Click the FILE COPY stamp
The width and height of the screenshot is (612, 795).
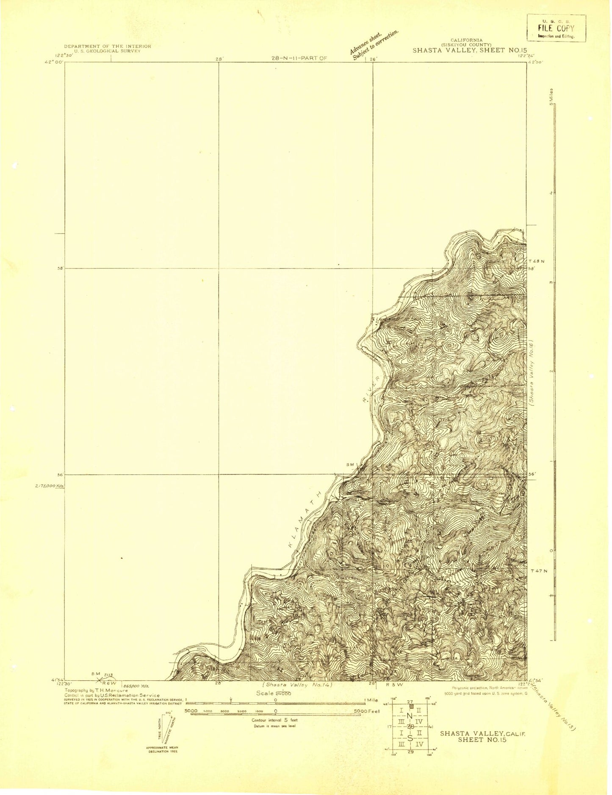pyautogui.click(x=556, y=28)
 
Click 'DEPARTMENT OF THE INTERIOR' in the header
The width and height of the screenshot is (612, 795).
pyautogui.click(x=107, y=46)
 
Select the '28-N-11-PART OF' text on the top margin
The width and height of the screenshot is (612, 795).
pyautogui.click(x=299, y=58)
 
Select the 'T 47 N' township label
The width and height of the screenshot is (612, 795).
pyautogui.click(x=539, y=571)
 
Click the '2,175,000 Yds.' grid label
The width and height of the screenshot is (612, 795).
pyautogui.click(x=50, y=486)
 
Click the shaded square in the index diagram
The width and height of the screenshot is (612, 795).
pyautogui.click(x=411, y=706)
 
